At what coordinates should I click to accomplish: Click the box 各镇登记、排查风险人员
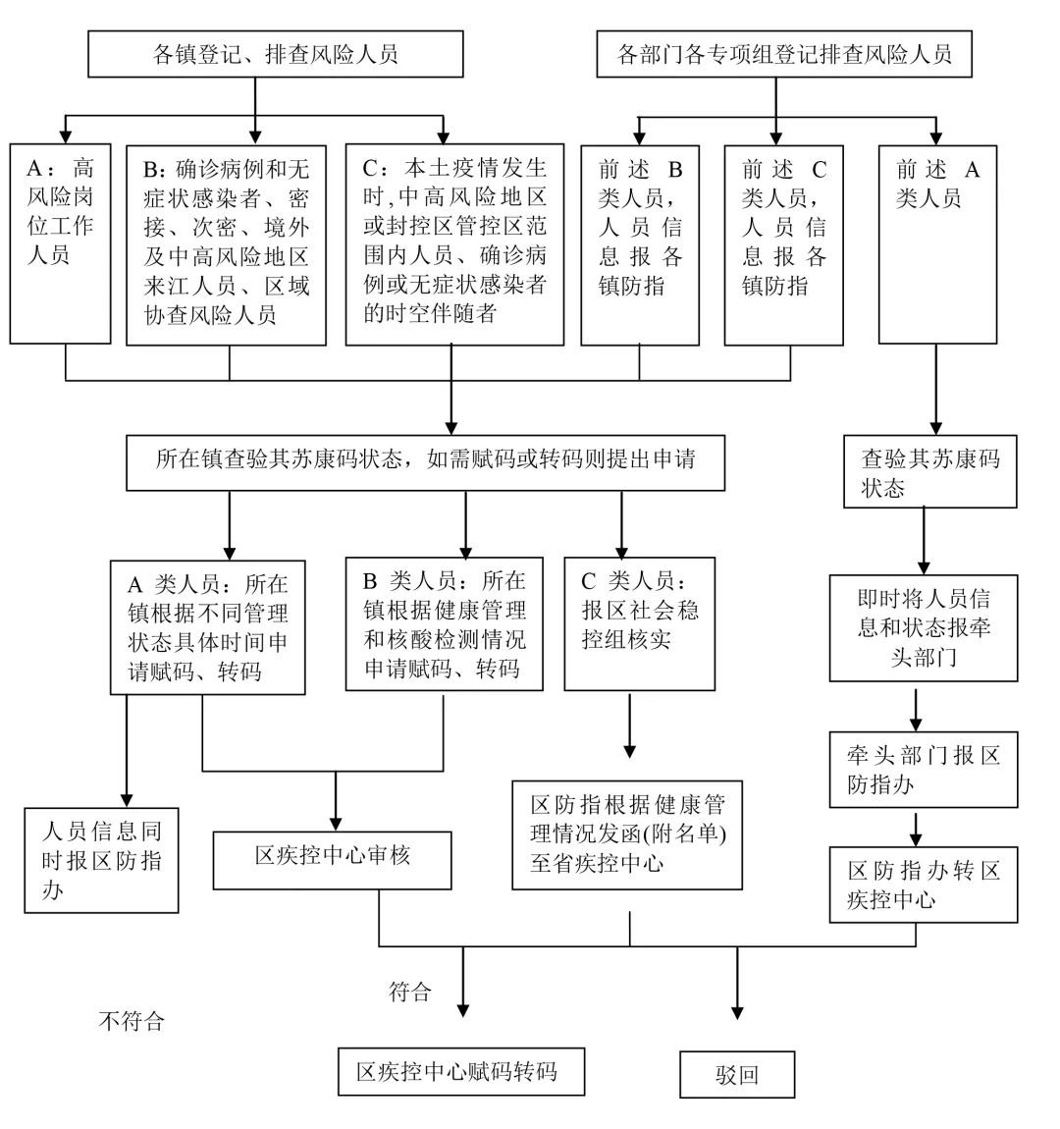[x=276, y=53]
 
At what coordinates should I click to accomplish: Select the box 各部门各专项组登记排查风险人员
[x=785, y=53]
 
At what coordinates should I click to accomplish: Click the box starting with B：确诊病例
[x=227, y=243]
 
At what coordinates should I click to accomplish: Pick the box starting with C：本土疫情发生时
[x=454, y=243]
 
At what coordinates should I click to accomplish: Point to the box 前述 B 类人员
[x=640, y=243]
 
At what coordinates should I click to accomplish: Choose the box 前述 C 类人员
[x=783, y=243]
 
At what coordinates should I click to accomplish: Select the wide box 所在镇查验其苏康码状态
[x=426, y=463]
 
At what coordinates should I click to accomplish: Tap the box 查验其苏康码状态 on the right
[x=928, y=472]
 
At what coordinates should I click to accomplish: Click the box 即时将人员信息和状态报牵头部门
[x=924, y=627]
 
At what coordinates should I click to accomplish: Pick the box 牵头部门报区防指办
[x=923, y=770]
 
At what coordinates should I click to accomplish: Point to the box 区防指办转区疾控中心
[x=924, y=884]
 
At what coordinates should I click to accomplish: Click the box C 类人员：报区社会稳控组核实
[x=640, y=624]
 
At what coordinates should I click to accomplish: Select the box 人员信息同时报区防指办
[x=102, y=861]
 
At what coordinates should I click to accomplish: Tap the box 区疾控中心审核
[x=333, y=860]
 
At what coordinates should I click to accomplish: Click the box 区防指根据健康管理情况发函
[x=627, y=834]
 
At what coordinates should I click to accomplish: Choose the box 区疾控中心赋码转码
[x=461, y=1071]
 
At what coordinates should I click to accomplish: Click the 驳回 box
[x=737, y=1075]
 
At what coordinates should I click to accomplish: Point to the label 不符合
[x=132, y=1022]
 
